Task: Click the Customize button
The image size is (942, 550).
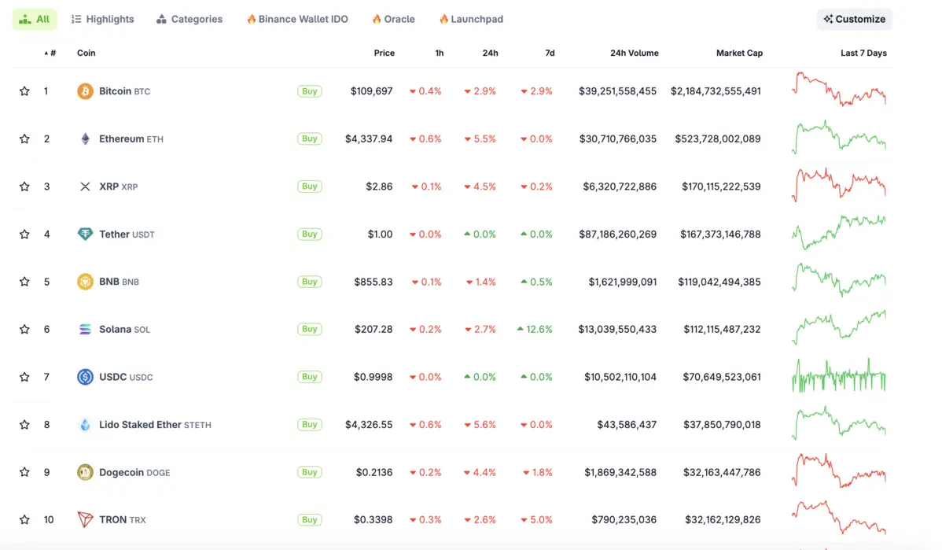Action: click(854, 19)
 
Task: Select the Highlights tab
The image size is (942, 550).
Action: click(103, 19)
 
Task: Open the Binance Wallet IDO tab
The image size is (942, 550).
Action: click(297, 19)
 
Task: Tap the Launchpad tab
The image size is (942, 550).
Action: click(471, 19)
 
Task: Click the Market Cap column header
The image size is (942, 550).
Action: click(739, 53)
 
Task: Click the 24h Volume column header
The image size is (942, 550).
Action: click(634, 53)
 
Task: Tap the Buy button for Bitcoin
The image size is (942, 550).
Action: click(310, 91)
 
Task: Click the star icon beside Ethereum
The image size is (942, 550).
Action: click(24, 139)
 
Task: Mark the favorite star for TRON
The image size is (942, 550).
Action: click(24, 520)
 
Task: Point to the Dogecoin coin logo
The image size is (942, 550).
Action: click(85, 472)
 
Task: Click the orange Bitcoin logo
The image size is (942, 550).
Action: click(85, 91)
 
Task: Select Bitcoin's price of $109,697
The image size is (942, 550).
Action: click(371, 91)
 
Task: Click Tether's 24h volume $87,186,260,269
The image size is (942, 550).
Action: click(617, 234)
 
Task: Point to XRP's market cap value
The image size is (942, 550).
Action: click(717, 187)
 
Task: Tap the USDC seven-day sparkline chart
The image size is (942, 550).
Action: click(838, 376)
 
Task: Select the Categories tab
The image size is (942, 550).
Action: click(190, 19)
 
